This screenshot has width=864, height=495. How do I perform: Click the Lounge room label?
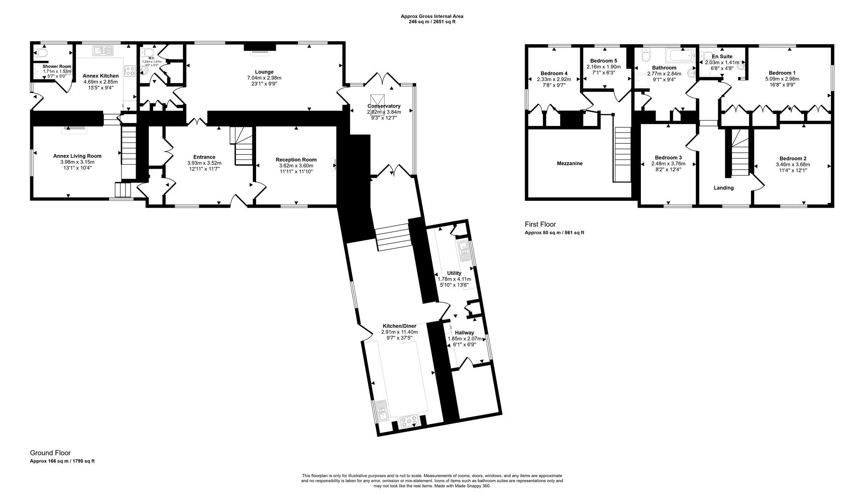(264, 72)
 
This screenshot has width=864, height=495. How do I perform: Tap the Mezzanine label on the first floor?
(569, 164)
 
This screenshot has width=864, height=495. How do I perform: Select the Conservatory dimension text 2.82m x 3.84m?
(384, 112)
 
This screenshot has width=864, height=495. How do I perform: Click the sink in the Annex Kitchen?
(103, 50)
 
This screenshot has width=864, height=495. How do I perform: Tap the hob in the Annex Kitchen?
(130, 71)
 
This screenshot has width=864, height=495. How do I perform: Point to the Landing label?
(723, 188)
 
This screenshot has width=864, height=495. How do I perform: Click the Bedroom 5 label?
(603, 61)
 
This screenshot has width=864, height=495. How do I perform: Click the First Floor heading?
(540, 224)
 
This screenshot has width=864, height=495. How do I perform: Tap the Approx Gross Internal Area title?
(432, 16)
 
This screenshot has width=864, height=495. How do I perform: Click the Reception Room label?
(296, 160)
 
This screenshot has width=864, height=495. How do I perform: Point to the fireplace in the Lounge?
(260, 47)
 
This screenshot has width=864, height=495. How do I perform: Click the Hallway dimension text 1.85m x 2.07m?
(465, 339)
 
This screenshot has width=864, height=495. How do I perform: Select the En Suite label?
(722, 57)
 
